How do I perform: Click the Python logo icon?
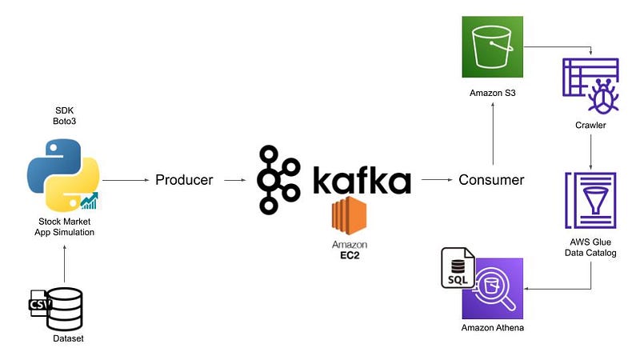point(62,173)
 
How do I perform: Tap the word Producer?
point(184,180)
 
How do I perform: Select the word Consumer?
point(491,180)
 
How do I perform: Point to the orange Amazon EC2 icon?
point(350,217)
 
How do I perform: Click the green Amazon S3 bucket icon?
point(492,47)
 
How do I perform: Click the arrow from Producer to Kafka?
point(234,180)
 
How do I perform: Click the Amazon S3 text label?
point(492,94)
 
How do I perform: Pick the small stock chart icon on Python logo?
point(89,201)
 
